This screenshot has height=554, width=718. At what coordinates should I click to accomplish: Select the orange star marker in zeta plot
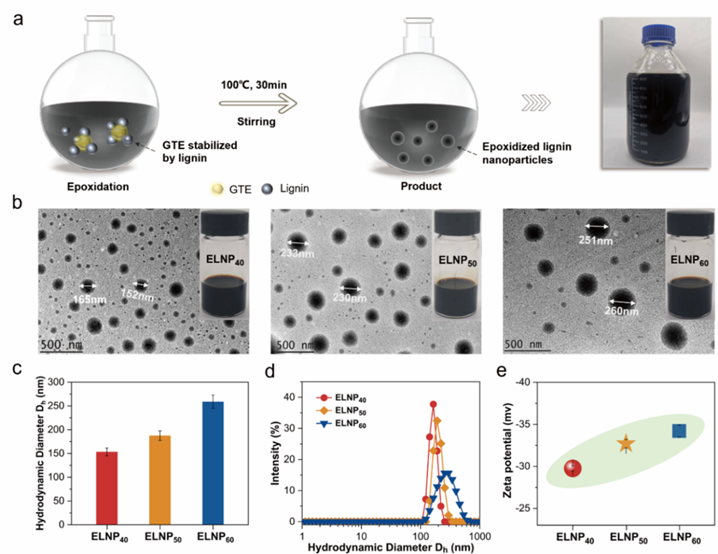(x=626, y=444)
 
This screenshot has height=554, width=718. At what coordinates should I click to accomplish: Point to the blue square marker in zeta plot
(x=679, y=431)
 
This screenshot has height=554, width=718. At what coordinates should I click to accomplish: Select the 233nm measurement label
(x=297, y=253)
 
